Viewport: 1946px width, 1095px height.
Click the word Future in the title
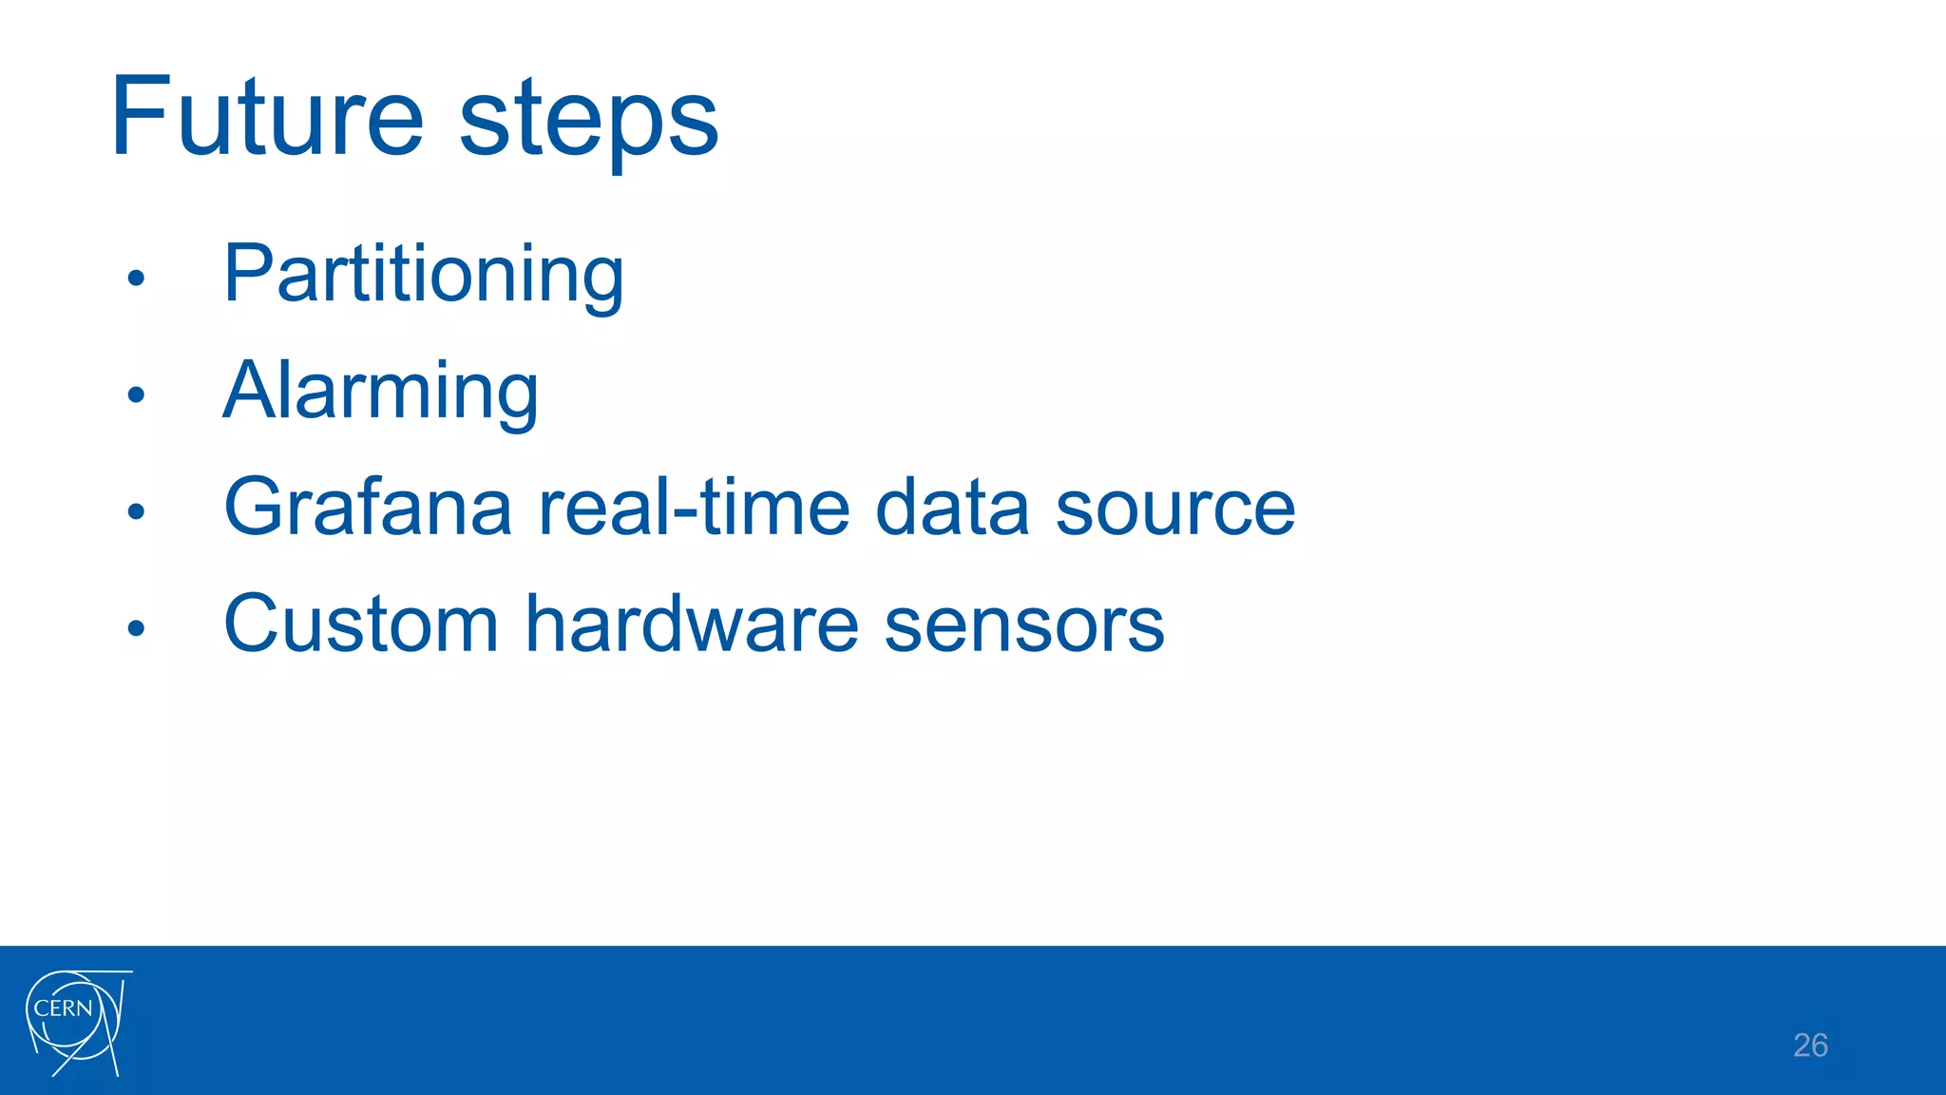[267, 118]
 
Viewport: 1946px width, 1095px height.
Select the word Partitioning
[424, 275]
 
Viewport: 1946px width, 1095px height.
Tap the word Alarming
[381, 392]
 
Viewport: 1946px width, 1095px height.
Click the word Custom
[361, 624]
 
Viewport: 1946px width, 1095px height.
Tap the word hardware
[693, 624]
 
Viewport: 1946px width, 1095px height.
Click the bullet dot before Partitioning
[136, 278]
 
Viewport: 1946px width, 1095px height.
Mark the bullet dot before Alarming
[136, 394]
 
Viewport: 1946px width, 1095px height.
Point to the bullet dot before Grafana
[136, 511]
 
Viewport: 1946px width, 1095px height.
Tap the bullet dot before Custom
[136, 628]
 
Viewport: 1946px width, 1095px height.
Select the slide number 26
[1810, 1046]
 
